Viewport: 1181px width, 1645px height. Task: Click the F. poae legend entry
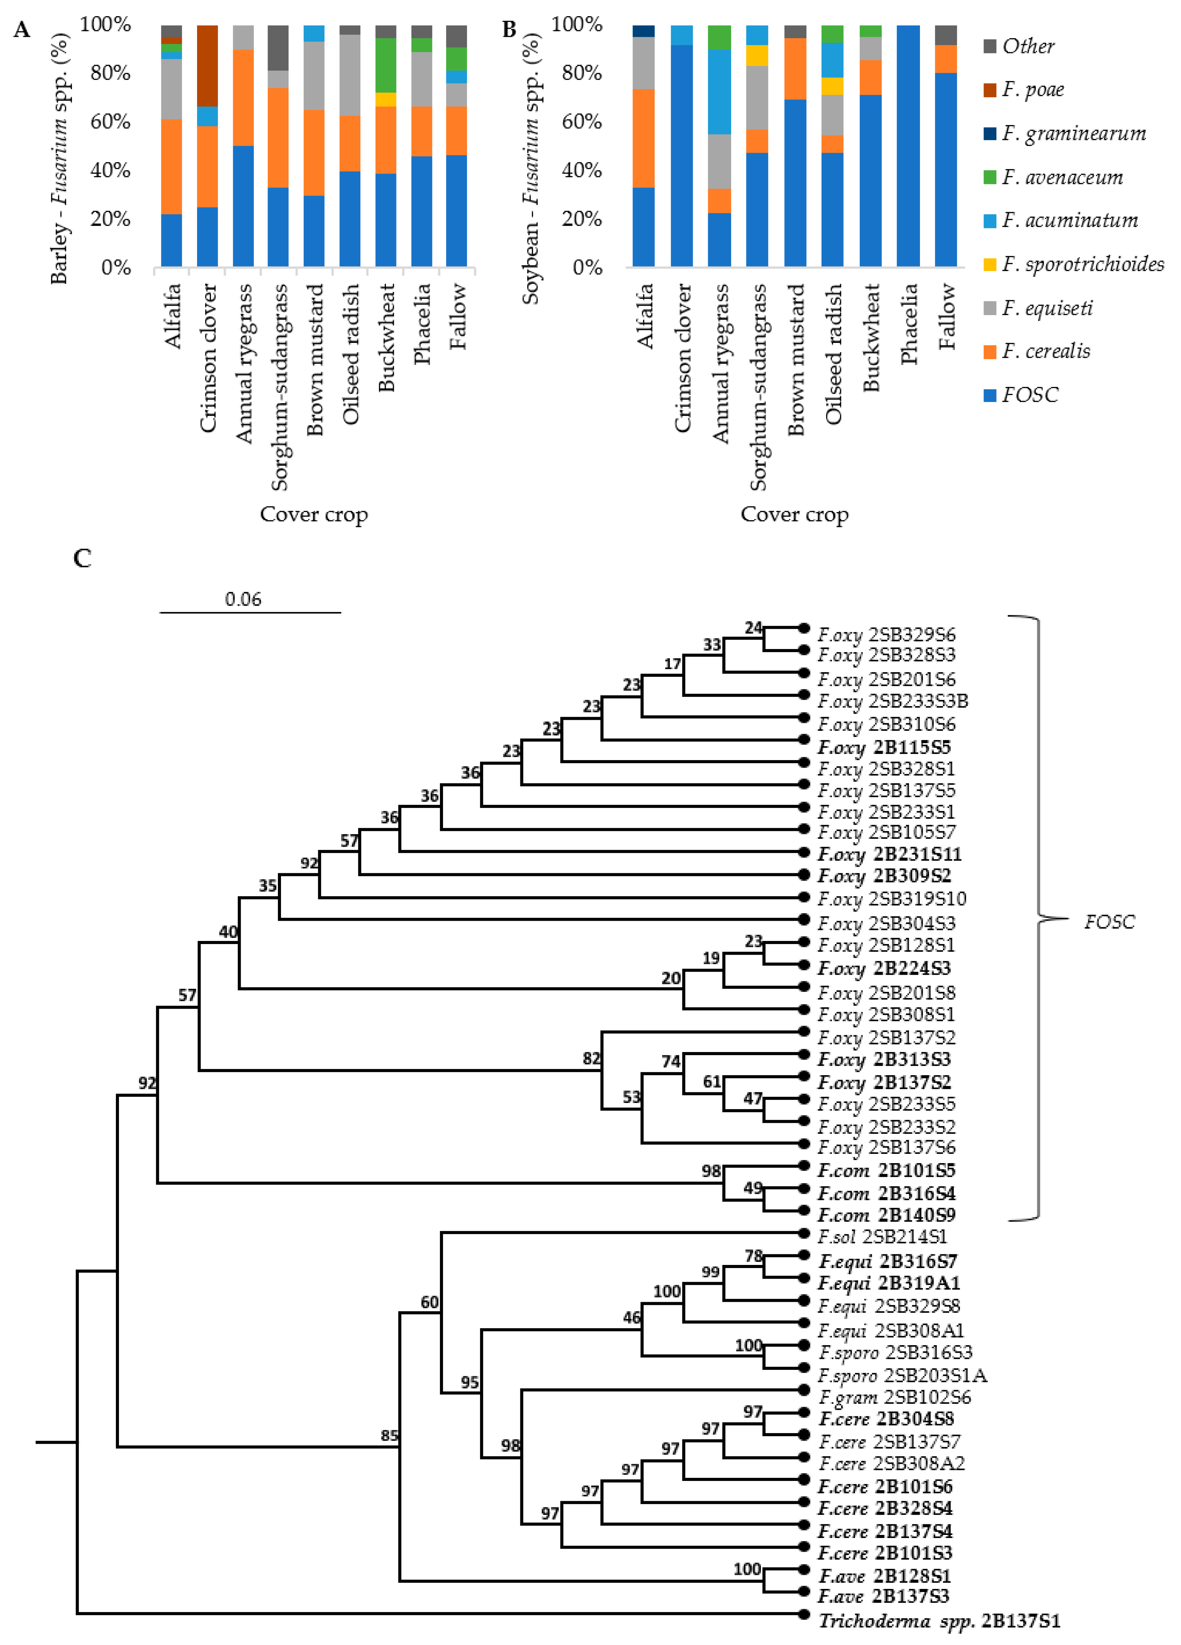pyautogui.click(x=1032, y=90)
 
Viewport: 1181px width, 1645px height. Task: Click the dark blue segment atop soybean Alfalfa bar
pyautogui.click(x=643, y=31)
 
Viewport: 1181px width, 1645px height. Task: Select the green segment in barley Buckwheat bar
pyautogui.click(x=386, y=65)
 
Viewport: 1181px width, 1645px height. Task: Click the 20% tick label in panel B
pyautogui.click(x=582, y=219)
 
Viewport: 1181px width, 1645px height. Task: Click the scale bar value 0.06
pyautogui.click(x=243, y=599)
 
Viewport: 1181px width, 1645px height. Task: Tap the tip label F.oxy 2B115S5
pyautogui.click(x=884, y=747)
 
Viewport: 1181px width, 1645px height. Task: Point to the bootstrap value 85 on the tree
pyautogui.click(x=390, y=1436)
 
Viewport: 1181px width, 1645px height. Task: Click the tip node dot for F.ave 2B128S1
pyautogui.click(x=803, y=1569)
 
